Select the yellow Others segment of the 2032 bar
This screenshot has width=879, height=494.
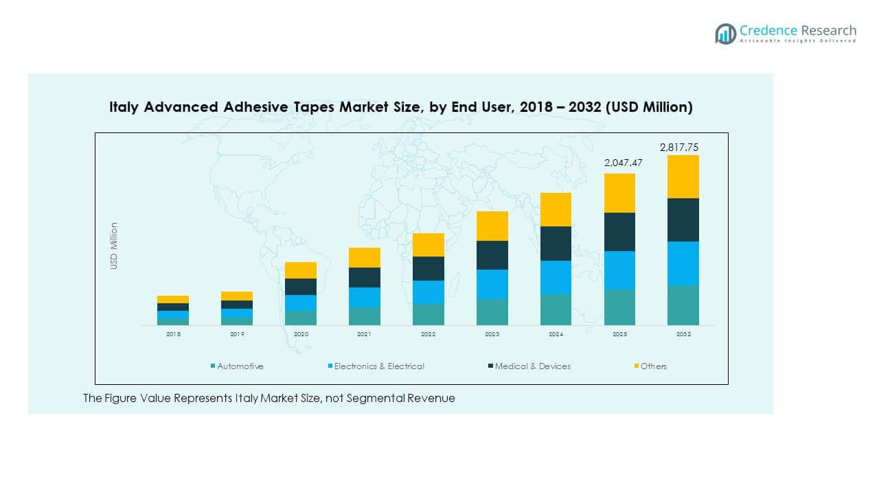[x=683, y=177]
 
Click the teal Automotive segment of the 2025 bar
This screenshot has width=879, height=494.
[x=619, y=307]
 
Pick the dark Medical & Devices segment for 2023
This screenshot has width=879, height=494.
[x=492, y=255]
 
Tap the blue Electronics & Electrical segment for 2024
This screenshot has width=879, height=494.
[x=556, y=278]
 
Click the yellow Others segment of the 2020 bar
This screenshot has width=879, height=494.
[x=300, y=270]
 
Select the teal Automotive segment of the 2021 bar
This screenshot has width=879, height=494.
[x=364, y=316]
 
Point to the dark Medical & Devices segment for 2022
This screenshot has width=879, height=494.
[x=428, y=268]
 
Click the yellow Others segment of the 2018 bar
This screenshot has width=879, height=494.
[x=172, y=299]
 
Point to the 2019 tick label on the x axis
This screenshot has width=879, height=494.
[x=237, y=334]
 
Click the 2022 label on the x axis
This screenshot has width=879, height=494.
[x=428, y=334]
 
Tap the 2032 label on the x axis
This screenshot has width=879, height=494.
[x=683, y=334]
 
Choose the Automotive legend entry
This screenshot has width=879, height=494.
[x=240, y=366]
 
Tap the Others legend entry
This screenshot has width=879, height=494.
[x=653, y=366]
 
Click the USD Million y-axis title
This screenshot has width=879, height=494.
[x=114, y=246]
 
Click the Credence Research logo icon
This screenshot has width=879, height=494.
[x=725, y=33]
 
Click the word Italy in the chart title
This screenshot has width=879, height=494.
[x=124, y=107]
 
